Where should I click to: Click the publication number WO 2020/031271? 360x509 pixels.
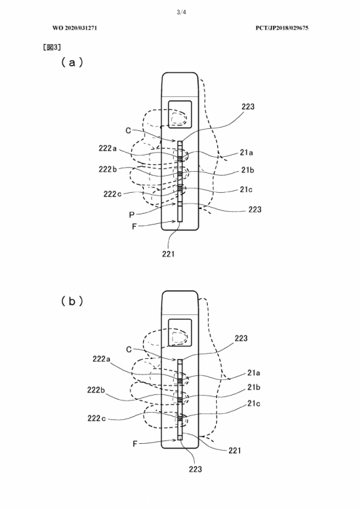click(x=75, y=28)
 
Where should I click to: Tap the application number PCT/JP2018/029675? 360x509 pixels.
click(x=282, y=28)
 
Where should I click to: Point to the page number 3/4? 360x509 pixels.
click(x=181, y=12)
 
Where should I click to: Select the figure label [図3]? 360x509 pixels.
click(x=52, y=47)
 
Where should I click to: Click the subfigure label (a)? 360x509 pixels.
click(x=72, y=62)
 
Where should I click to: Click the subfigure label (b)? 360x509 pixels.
click(x=72, y=301)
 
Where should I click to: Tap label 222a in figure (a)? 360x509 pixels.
click(x=107, y=149)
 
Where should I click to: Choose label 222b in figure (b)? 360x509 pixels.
click(x=96, y=390)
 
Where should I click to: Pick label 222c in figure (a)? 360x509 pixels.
click(x=113, y=194)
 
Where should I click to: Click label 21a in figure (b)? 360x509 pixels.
click(x=254, y=373)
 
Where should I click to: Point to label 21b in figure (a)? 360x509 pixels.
click(x=247, y=170)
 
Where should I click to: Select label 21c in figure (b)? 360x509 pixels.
click(x=254, y=403)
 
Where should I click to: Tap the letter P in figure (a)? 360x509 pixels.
click(x=132, y=214)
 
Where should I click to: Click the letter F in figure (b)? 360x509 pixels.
click(x=135, y=444)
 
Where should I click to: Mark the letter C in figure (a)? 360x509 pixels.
click(x=128, y=130)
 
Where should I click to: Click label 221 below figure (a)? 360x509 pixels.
click(x=168, y=254)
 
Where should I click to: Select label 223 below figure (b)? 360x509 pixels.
click(x=195, y=469)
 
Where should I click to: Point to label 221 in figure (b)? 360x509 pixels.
click(x=234, y=450)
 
